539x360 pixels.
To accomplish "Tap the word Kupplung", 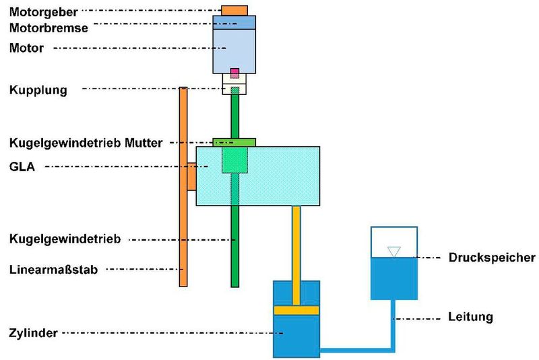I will (x=38, y=90).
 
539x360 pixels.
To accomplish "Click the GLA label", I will (x=22, y=167).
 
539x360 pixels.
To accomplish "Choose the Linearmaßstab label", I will (x=54, y=270).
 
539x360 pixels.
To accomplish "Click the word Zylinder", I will (x=33, y=332).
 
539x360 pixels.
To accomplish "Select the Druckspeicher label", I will (x=491, y=258).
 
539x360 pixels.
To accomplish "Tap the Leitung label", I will (x=470, y=317).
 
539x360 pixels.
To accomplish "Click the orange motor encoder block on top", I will (x=234, y=9).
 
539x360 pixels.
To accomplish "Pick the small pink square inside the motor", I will (x=234, y=73).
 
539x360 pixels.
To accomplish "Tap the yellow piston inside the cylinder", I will (x=295, y=310).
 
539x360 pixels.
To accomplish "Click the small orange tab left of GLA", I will (x=191, y=177).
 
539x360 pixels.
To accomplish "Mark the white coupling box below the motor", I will (x=234, y=84).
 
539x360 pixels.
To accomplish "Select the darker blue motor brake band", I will (x=234, y=22).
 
